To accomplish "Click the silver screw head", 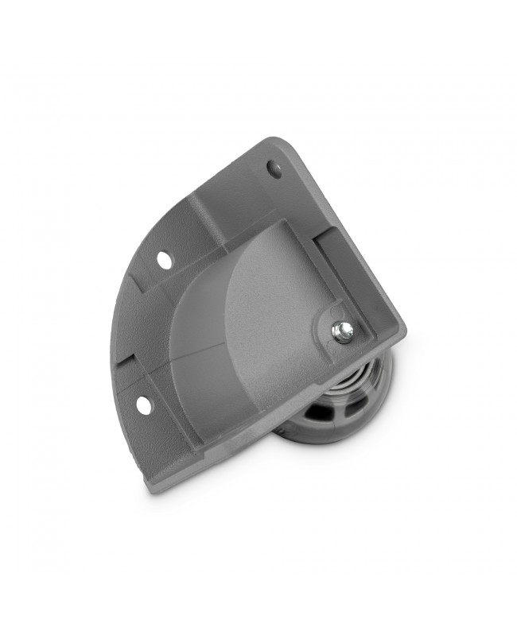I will tap(343, 331).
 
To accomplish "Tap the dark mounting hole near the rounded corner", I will tap(274, 168).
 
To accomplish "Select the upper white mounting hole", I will tap(164, 259).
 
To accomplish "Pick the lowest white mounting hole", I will tap(143, 405).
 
